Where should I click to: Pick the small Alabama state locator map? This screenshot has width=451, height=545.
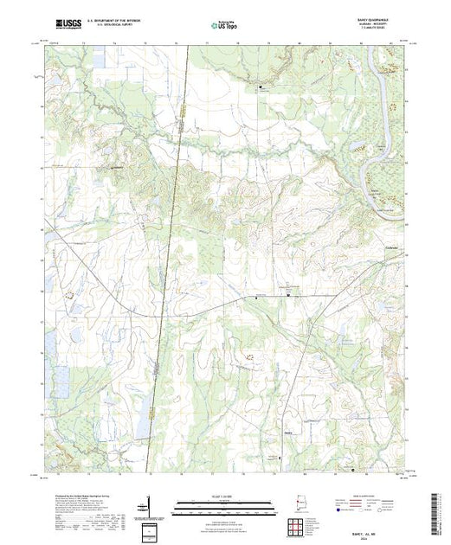pyautogui.click(x=303, y=503)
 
